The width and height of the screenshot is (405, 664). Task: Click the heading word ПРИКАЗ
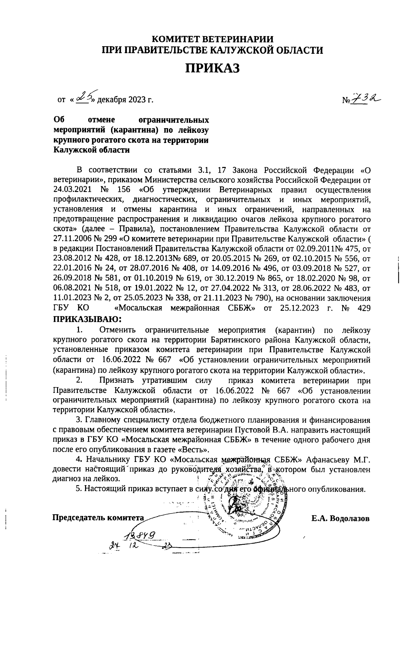(212, 68)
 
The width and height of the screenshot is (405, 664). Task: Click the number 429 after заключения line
(363, 308)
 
